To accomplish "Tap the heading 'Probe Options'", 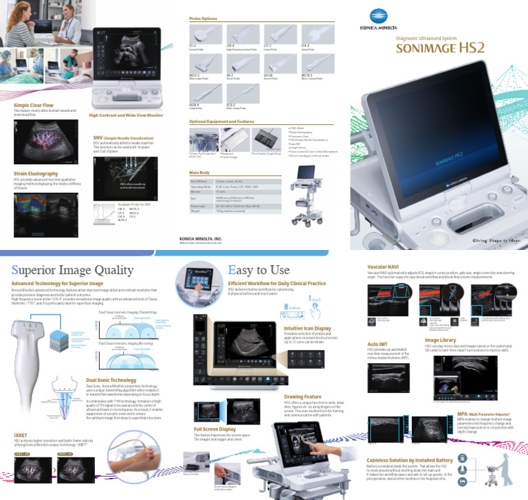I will (x=203, y=19).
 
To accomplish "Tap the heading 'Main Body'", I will (x=199, y=172).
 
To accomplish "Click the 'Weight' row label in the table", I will (x=196, y=213).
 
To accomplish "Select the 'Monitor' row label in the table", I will (x=197, y=192).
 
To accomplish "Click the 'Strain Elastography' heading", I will (x=34, y=174).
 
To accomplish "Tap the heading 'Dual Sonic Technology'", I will (x=111, y=378).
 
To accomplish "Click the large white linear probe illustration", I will (x=41, y=364).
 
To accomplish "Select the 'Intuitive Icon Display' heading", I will (x=308, y=328).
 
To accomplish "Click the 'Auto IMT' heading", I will (x=377, y=343).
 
